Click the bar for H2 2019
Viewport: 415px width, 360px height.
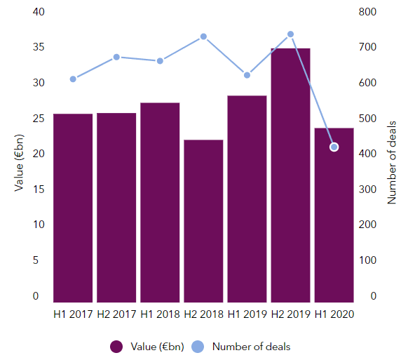coord(290,175)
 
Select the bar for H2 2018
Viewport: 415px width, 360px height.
coord(203,221)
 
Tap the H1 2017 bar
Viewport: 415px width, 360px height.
coord(73,208)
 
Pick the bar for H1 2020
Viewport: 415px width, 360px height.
coord(334,215)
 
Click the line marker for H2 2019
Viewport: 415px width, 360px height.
coord(290,34)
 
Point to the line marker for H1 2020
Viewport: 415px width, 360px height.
coord(334,147)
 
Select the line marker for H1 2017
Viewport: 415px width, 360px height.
coord(73,79)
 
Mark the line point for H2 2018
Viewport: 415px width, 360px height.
coord(203,36)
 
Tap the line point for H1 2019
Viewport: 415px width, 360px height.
coord(247,75)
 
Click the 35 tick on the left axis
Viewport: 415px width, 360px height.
coord(39,47)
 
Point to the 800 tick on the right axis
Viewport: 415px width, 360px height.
coord(367,12)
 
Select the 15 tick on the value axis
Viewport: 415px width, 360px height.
coord(39,189)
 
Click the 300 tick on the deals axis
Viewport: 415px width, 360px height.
coord(367,189)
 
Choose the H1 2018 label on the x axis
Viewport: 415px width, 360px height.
coord(160,314)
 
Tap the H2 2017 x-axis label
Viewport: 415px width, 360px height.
coord(116,314)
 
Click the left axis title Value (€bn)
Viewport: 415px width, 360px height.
coord(19,163)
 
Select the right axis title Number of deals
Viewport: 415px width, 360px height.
coord(391,163)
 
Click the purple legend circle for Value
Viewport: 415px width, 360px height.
coord(116,347)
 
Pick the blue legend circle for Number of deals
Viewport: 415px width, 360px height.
coord(198,347)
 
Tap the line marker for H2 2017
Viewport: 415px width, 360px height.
coord(116,57)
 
